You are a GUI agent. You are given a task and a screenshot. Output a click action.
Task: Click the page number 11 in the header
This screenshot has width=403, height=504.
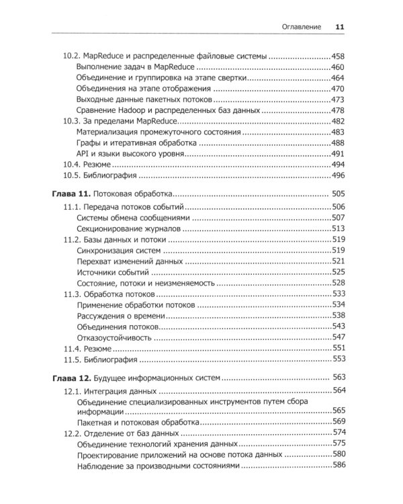[339, 27]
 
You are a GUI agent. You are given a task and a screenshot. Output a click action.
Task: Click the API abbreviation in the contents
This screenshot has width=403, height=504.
[84, 154]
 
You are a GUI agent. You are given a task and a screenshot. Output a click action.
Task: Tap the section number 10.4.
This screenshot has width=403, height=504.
[72, 165]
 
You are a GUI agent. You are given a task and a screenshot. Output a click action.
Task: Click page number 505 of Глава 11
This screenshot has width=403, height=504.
[339, 194]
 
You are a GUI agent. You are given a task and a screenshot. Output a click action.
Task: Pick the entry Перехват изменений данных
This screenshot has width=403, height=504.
[130, 261]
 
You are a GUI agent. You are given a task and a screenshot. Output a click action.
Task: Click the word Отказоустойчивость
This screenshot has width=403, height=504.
[118, 337]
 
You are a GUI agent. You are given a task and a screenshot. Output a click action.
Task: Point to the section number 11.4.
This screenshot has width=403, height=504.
[72, 348]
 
